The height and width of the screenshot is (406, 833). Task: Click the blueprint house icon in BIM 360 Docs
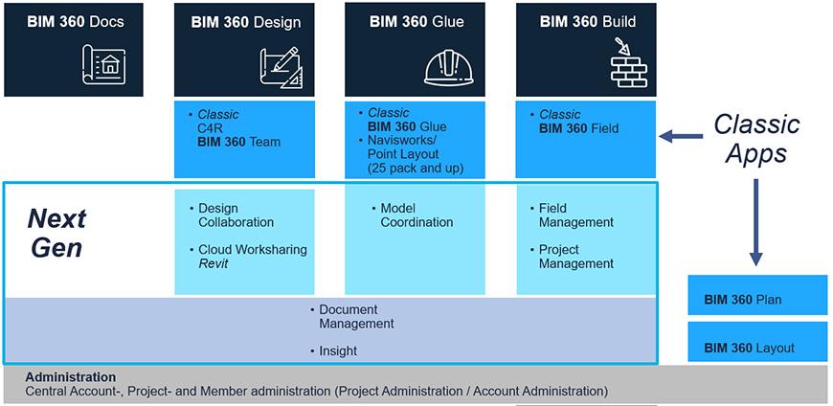pos(104,64)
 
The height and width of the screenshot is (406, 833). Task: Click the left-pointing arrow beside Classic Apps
pos(681,137)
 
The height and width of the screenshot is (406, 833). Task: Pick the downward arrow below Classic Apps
pos(756,222)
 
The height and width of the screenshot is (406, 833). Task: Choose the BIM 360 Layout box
pos(757,342)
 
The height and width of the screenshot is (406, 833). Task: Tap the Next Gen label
pos(56,233)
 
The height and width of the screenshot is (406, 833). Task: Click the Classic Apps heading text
pos(756,139)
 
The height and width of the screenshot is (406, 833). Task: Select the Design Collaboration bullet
pos(231,215)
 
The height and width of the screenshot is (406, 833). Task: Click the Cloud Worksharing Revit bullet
pos(248,256)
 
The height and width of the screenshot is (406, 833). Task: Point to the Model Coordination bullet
pos(413,215)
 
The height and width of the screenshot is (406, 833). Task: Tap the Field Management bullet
pos(572,215)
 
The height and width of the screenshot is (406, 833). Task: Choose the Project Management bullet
pos(572,256)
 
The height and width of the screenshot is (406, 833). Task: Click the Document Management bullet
pos(351,316)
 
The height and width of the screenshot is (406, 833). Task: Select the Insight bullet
pos(333,350)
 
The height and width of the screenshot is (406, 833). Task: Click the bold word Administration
pos(71,377)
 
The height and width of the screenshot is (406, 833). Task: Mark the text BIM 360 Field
pos(579,127)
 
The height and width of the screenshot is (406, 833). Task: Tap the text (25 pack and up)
pos(415,168)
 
